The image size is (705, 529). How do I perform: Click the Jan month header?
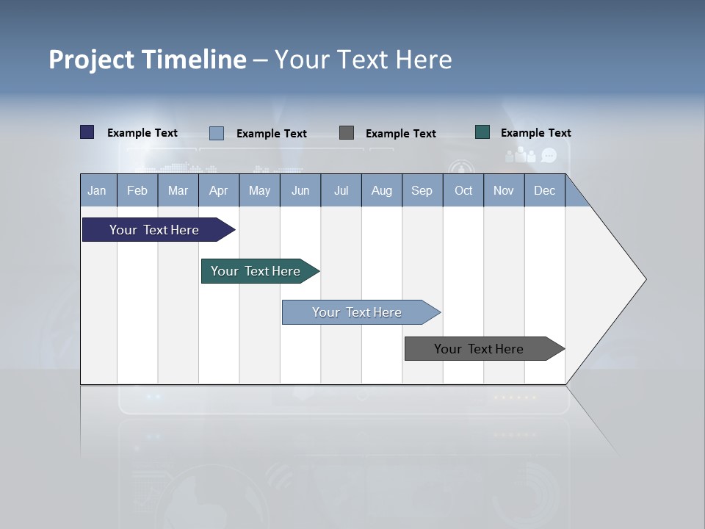pyautogui.click(x=98, y=190)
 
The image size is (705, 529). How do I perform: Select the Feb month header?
pyautogui.click(x=137, y=190)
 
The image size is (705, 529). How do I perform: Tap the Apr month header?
pyautogui.click(x=218, y=190)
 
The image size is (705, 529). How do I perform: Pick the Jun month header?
pyautogui.click(x=300, y=190)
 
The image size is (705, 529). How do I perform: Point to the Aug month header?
pyautogui.click(x=381, y=190)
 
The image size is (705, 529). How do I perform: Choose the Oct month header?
pyautogui.click(x=463, y=190)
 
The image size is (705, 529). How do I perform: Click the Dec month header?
pyautogui.click(x=544, y=190)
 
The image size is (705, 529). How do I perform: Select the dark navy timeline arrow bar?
pyautogui.click(x=155, y=230)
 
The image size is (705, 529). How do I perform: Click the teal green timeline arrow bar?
pyautogui.click(x=256, y=271)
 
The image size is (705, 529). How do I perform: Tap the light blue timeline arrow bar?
pyautogui.click(x=358, y=312)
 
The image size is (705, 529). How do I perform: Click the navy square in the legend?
pyautogui.click(x=87, y=132)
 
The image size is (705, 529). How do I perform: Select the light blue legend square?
pyautogui.click(x=217, y=133)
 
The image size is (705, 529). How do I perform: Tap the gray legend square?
pyautogui.click(x=347, y=133)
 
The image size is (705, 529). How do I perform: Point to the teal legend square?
pyautogui.click(x=482, y=132)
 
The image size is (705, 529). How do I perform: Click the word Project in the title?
pyautogui.click(x=92, y=60)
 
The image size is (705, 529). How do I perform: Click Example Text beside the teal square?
pyautogui.click(x=535, y=133)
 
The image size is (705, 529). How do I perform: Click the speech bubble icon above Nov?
pyautogui.click(x=549, y=155)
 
